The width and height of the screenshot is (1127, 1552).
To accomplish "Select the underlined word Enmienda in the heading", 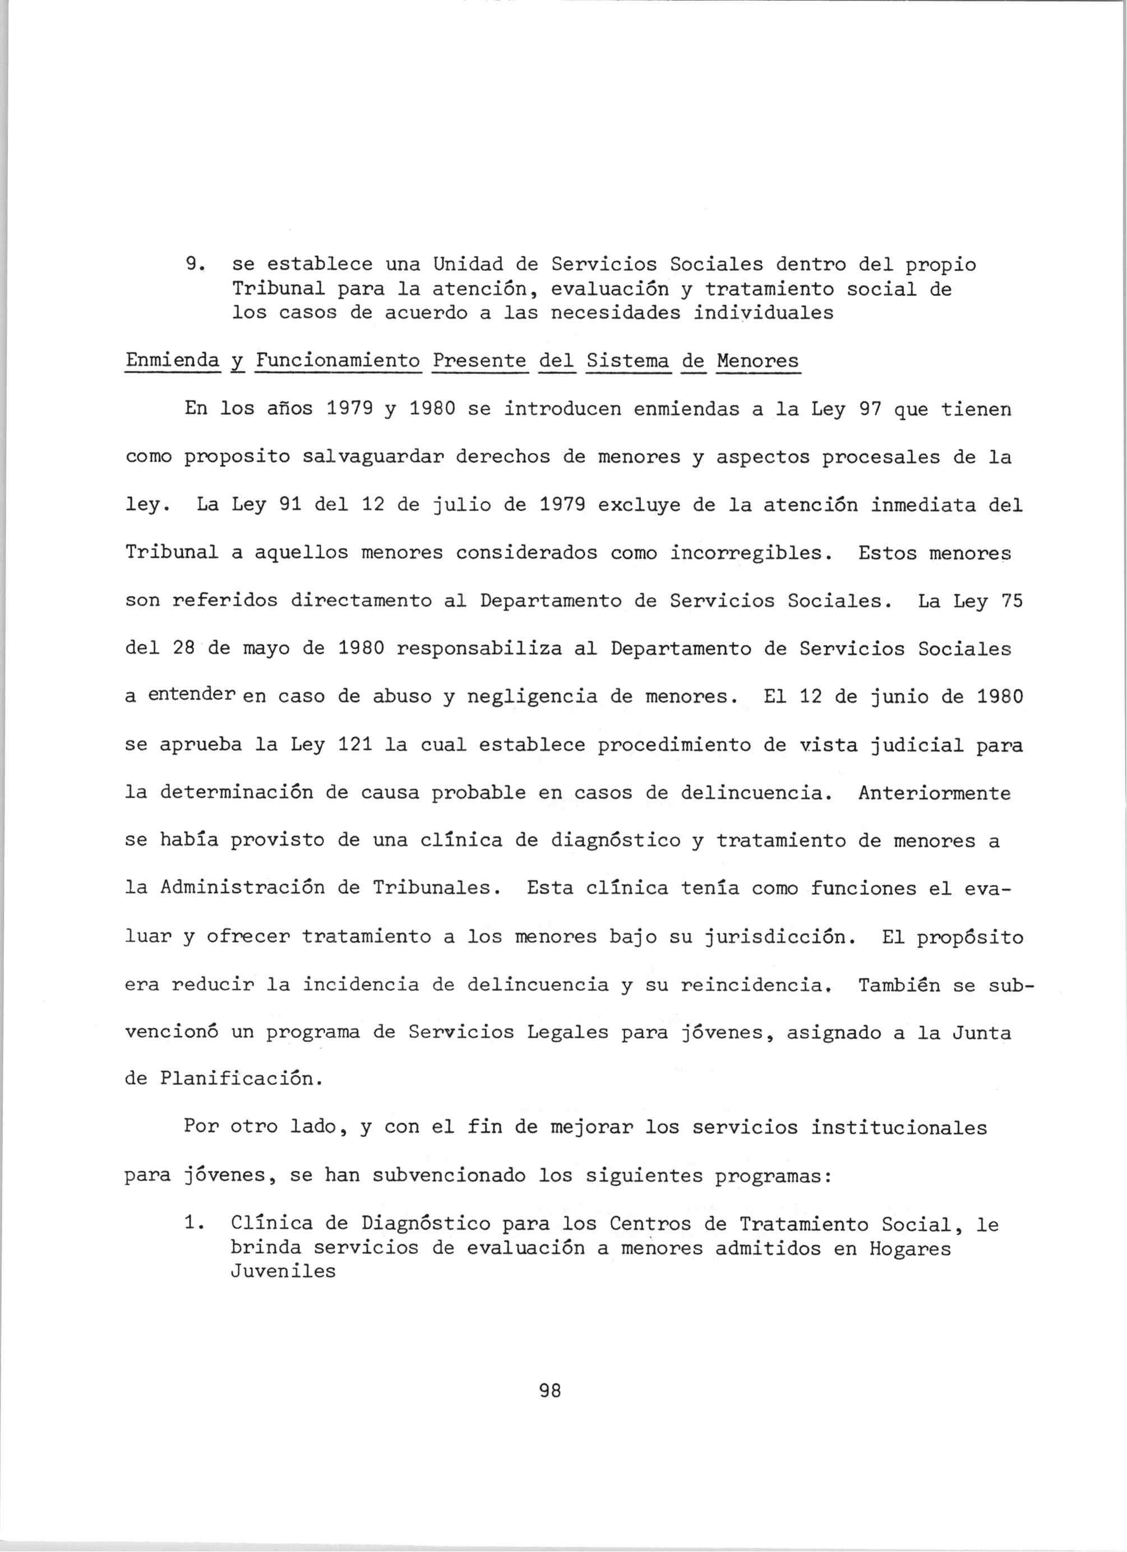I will (173, 360).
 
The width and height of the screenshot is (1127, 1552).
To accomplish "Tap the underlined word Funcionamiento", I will (338, 360).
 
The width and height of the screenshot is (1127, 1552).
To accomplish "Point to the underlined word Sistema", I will (628, 360).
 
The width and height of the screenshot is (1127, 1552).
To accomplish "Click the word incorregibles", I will (746, 553).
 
